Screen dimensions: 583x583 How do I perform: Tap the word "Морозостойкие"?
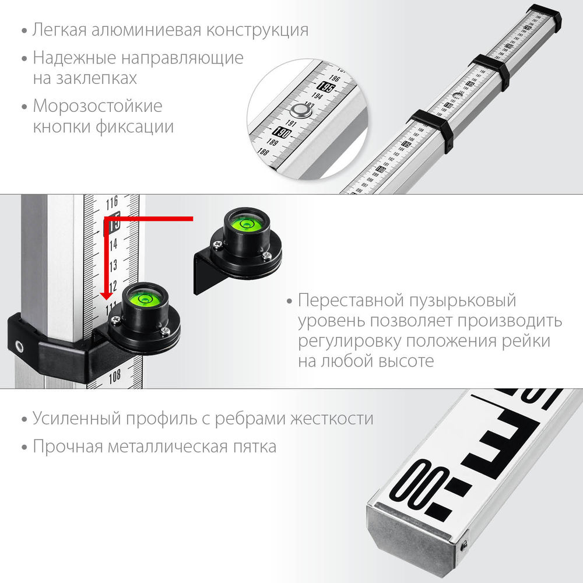click(97, 107)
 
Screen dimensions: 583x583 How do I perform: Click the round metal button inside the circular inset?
click(301, 110)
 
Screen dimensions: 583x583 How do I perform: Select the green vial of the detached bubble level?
click(245, 223)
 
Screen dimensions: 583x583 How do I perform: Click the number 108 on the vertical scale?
click(114, 375)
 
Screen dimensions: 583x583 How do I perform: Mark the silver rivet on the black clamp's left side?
click(19, 345)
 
